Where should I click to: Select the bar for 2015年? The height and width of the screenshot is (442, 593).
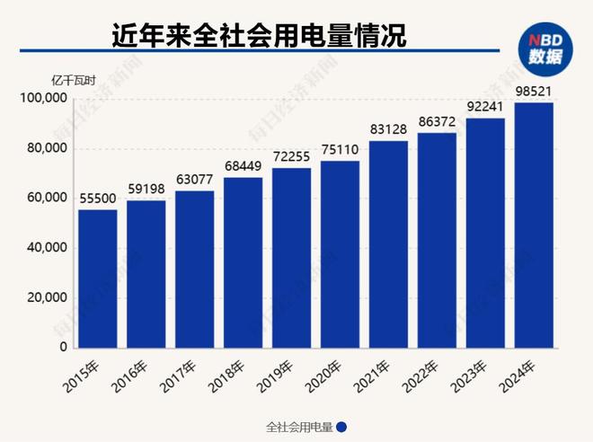coord(97,278)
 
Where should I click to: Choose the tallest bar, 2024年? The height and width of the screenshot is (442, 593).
coord(534,225)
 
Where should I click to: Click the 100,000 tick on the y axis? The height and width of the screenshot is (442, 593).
coord(43,99)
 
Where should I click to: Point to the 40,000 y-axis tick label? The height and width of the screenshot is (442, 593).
coord(47,248)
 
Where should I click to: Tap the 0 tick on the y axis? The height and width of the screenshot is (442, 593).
coord(64,347)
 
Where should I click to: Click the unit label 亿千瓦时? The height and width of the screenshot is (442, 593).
coord(55,78)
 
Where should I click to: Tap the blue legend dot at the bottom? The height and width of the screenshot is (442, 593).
coord(341,427)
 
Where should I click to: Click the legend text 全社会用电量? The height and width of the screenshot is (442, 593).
coord(300,427)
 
